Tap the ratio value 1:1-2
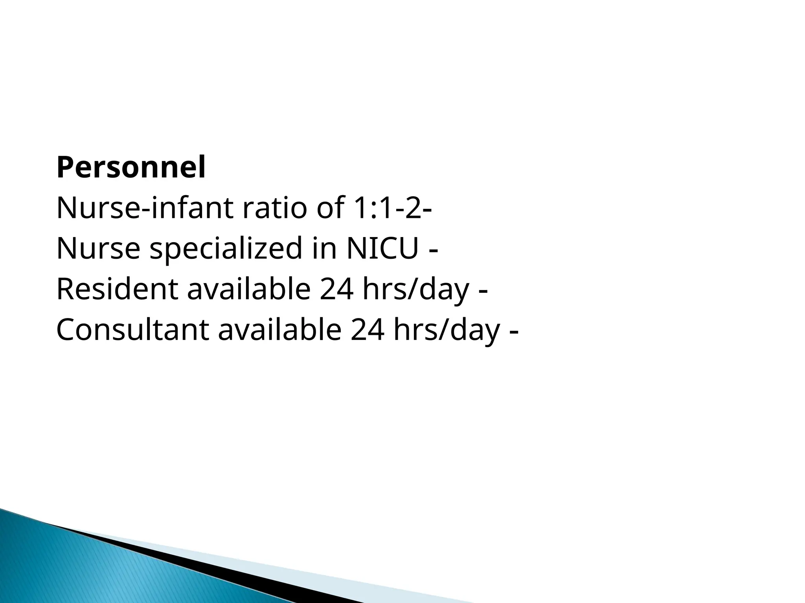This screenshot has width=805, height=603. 384,208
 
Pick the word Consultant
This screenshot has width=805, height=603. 132,330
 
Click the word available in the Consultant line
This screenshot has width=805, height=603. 280,330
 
